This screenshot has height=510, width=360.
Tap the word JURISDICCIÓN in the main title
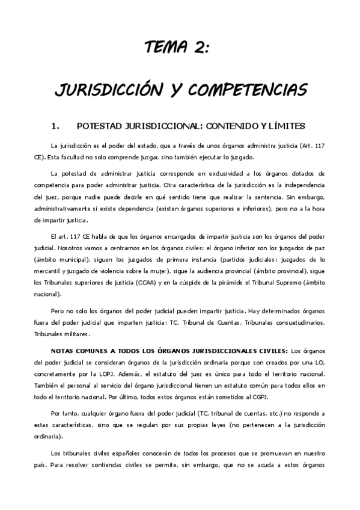click(x=105, y=90)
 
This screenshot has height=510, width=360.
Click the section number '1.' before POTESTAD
click(x=56, y=126)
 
